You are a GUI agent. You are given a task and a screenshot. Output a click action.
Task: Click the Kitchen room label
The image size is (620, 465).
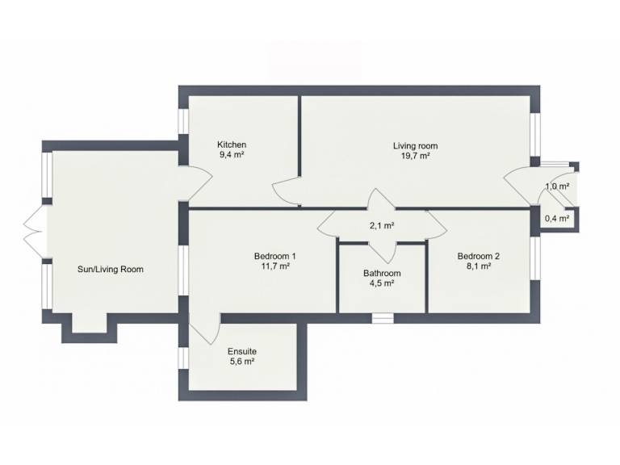tap(232, 145)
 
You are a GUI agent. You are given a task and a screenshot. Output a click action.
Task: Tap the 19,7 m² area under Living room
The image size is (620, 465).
tap(415, 156)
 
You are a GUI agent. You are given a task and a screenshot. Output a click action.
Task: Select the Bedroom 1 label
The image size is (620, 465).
tap(274, 256)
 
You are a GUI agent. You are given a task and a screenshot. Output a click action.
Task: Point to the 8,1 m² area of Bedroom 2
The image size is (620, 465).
tap(479, 266)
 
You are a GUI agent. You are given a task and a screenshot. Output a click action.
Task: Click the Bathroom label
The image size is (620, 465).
tap(382, 273)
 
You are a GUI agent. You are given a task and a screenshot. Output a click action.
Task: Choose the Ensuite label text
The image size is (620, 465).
tap(242, 351)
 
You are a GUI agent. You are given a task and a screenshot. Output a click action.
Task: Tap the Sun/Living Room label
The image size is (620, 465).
tap(111, 270)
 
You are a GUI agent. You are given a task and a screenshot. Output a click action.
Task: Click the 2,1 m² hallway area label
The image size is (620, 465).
tap(382, 226)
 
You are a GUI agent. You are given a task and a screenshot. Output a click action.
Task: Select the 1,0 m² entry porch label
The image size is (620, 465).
tap(557, 186)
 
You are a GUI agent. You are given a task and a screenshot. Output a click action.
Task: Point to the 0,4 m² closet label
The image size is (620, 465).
tap(557, 218)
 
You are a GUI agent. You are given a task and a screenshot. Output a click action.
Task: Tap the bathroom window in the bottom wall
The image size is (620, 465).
tap(383, 318)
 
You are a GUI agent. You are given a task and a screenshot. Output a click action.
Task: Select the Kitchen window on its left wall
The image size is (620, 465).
tap(183, 121)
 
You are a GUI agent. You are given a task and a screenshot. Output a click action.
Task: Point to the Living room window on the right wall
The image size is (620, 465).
tap(535, 135)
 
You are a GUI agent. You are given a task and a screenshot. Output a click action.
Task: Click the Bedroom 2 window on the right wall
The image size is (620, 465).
tap(535, 258)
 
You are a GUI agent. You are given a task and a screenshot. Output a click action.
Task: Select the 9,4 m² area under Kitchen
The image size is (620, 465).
tap(232, 155)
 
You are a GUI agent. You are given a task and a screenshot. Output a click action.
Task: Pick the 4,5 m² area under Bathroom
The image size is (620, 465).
tap(382, 283)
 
